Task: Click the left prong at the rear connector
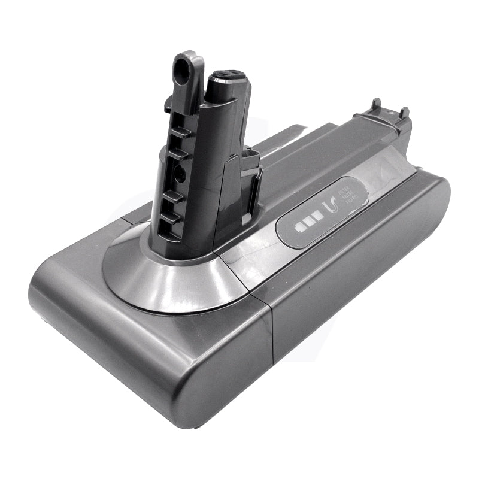click(x=377, y=104)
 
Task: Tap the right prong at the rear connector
click(x=404, y=112)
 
